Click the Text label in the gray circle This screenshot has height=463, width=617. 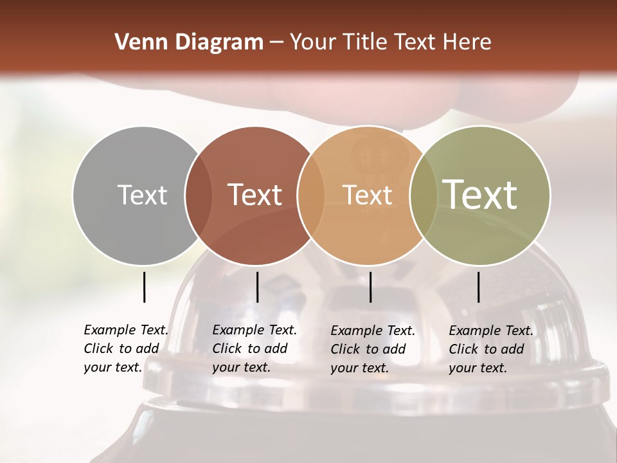point(142,195)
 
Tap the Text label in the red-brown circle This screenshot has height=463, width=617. point(255,195)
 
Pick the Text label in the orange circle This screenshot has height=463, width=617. point(367,195)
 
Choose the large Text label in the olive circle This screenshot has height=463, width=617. point(480,194)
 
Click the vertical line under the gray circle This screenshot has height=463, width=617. point(145,287)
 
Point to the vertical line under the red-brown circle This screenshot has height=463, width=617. point(257,287)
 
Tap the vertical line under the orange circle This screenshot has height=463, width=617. point(371,287)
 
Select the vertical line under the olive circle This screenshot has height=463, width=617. point(479,287)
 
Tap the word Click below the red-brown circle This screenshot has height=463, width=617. point(227,349)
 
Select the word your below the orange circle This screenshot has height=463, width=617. point(344,368)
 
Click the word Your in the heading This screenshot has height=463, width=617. point(313,42)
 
